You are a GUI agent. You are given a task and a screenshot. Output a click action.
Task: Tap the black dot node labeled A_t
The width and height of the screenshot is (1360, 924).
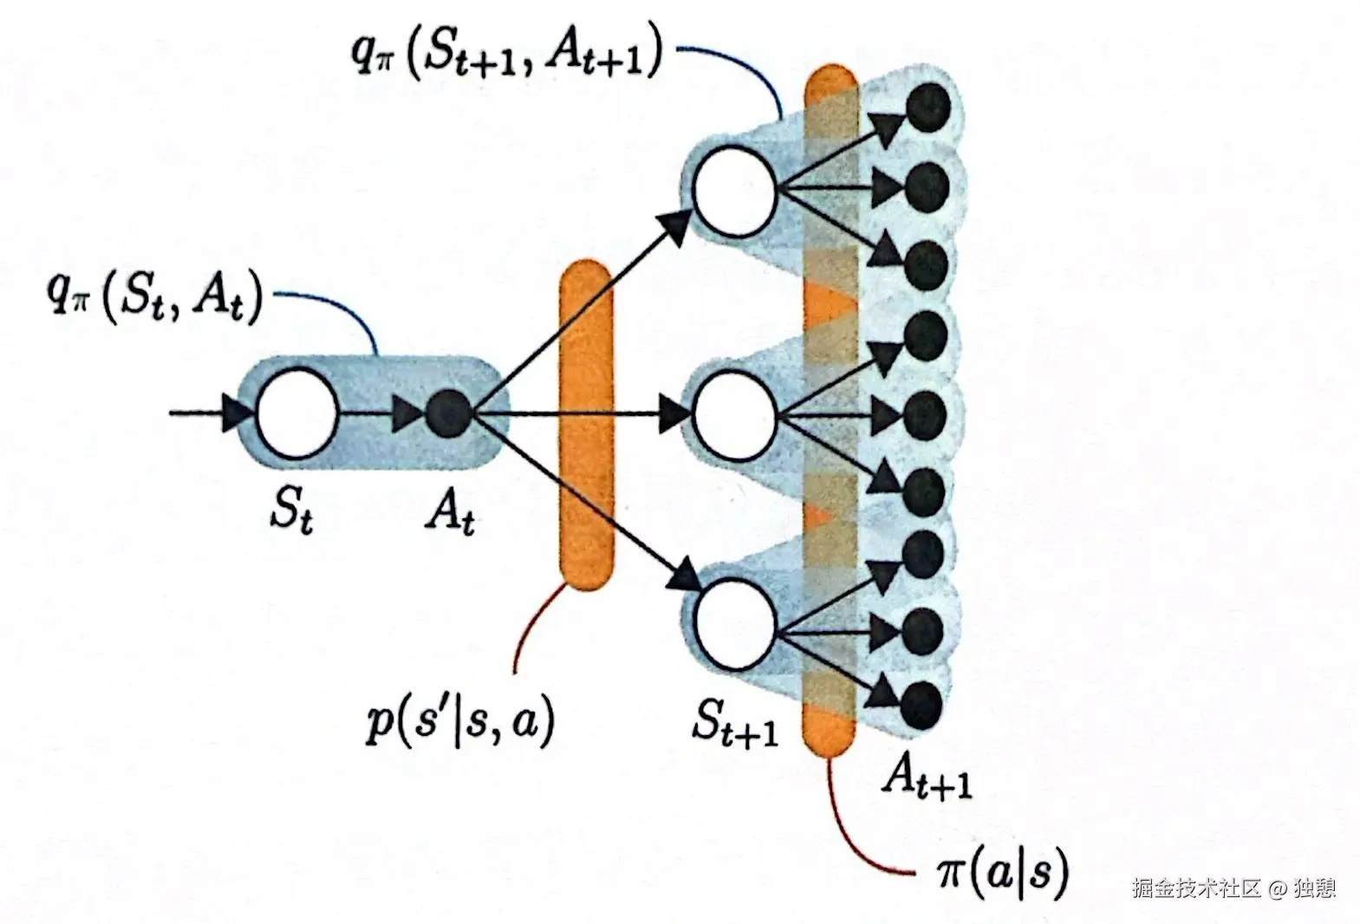pyautogui.click(x=449, y=413)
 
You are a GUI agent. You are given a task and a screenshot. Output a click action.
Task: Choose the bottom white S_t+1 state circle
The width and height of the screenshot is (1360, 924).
pyautogui.click(x=735, y=624)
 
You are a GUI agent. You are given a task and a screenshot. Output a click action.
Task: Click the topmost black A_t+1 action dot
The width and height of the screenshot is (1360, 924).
pyautogui.click(x=927, y=106)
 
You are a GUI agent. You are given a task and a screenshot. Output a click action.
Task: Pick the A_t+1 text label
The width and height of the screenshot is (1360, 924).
pyautogui.click(x=926, y=779)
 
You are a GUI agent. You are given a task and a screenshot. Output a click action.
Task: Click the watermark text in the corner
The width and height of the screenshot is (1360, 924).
pyautogui.click(x=1233, y=888)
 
